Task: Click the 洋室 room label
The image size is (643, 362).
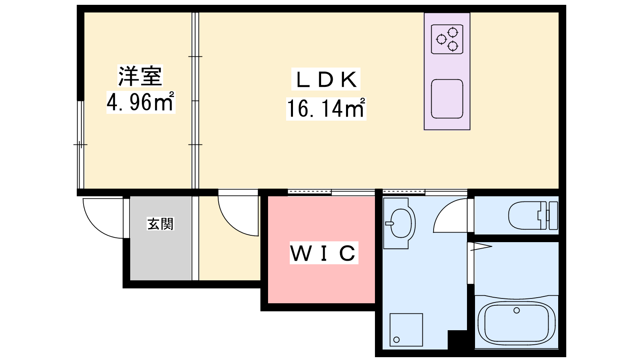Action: [140, 76]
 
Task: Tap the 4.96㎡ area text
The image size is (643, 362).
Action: [141, 102]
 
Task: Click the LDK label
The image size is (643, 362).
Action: [326, 79]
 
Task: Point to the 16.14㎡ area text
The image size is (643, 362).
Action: [326, 108]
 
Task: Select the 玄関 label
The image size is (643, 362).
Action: [160, 224]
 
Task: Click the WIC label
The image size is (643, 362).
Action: [324, 253]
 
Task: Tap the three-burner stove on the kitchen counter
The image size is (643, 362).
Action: [447, 39]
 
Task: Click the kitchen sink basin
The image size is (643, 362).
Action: [447, 99]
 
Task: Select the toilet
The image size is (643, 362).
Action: [533, 216]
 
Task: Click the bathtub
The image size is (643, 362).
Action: [517, 323]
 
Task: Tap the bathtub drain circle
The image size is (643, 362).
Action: [517, 310]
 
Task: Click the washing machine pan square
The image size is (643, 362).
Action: [406, 330]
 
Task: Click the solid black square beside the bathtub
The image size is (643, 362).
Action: [457, 340]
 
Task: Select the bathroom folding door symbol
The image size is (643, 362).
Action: [481, 247]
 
